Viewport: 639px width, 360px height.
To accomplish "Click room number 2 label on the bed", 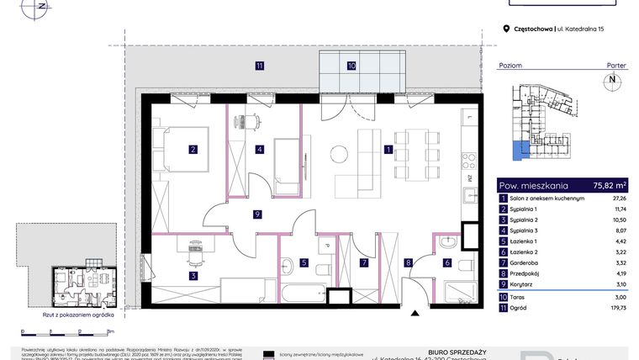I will pos(193,151).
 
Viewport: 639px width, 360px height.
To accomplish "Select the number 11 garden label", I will pos(261,65).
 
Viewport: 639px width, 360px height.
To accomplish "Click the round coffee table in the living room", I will pos(339,153).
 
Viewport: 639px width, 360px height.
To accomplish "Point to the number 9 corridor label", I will pos(257,214).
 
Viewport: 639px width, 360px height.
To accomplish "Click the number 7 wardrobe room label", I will pos(364,262).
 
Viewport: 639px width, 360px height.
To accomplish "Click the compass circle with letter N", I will pos(612,81).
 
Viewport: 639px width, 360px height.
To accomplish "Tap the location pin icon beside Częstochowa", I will pos(505,29).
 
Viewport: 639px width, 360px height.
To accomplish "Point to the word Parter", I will pos(616,65).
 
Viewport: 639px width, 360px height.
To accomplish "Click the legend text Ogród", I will pos(519,308).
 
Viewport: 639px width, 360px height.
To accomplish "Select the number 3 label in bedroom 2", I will pos(193,276).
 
